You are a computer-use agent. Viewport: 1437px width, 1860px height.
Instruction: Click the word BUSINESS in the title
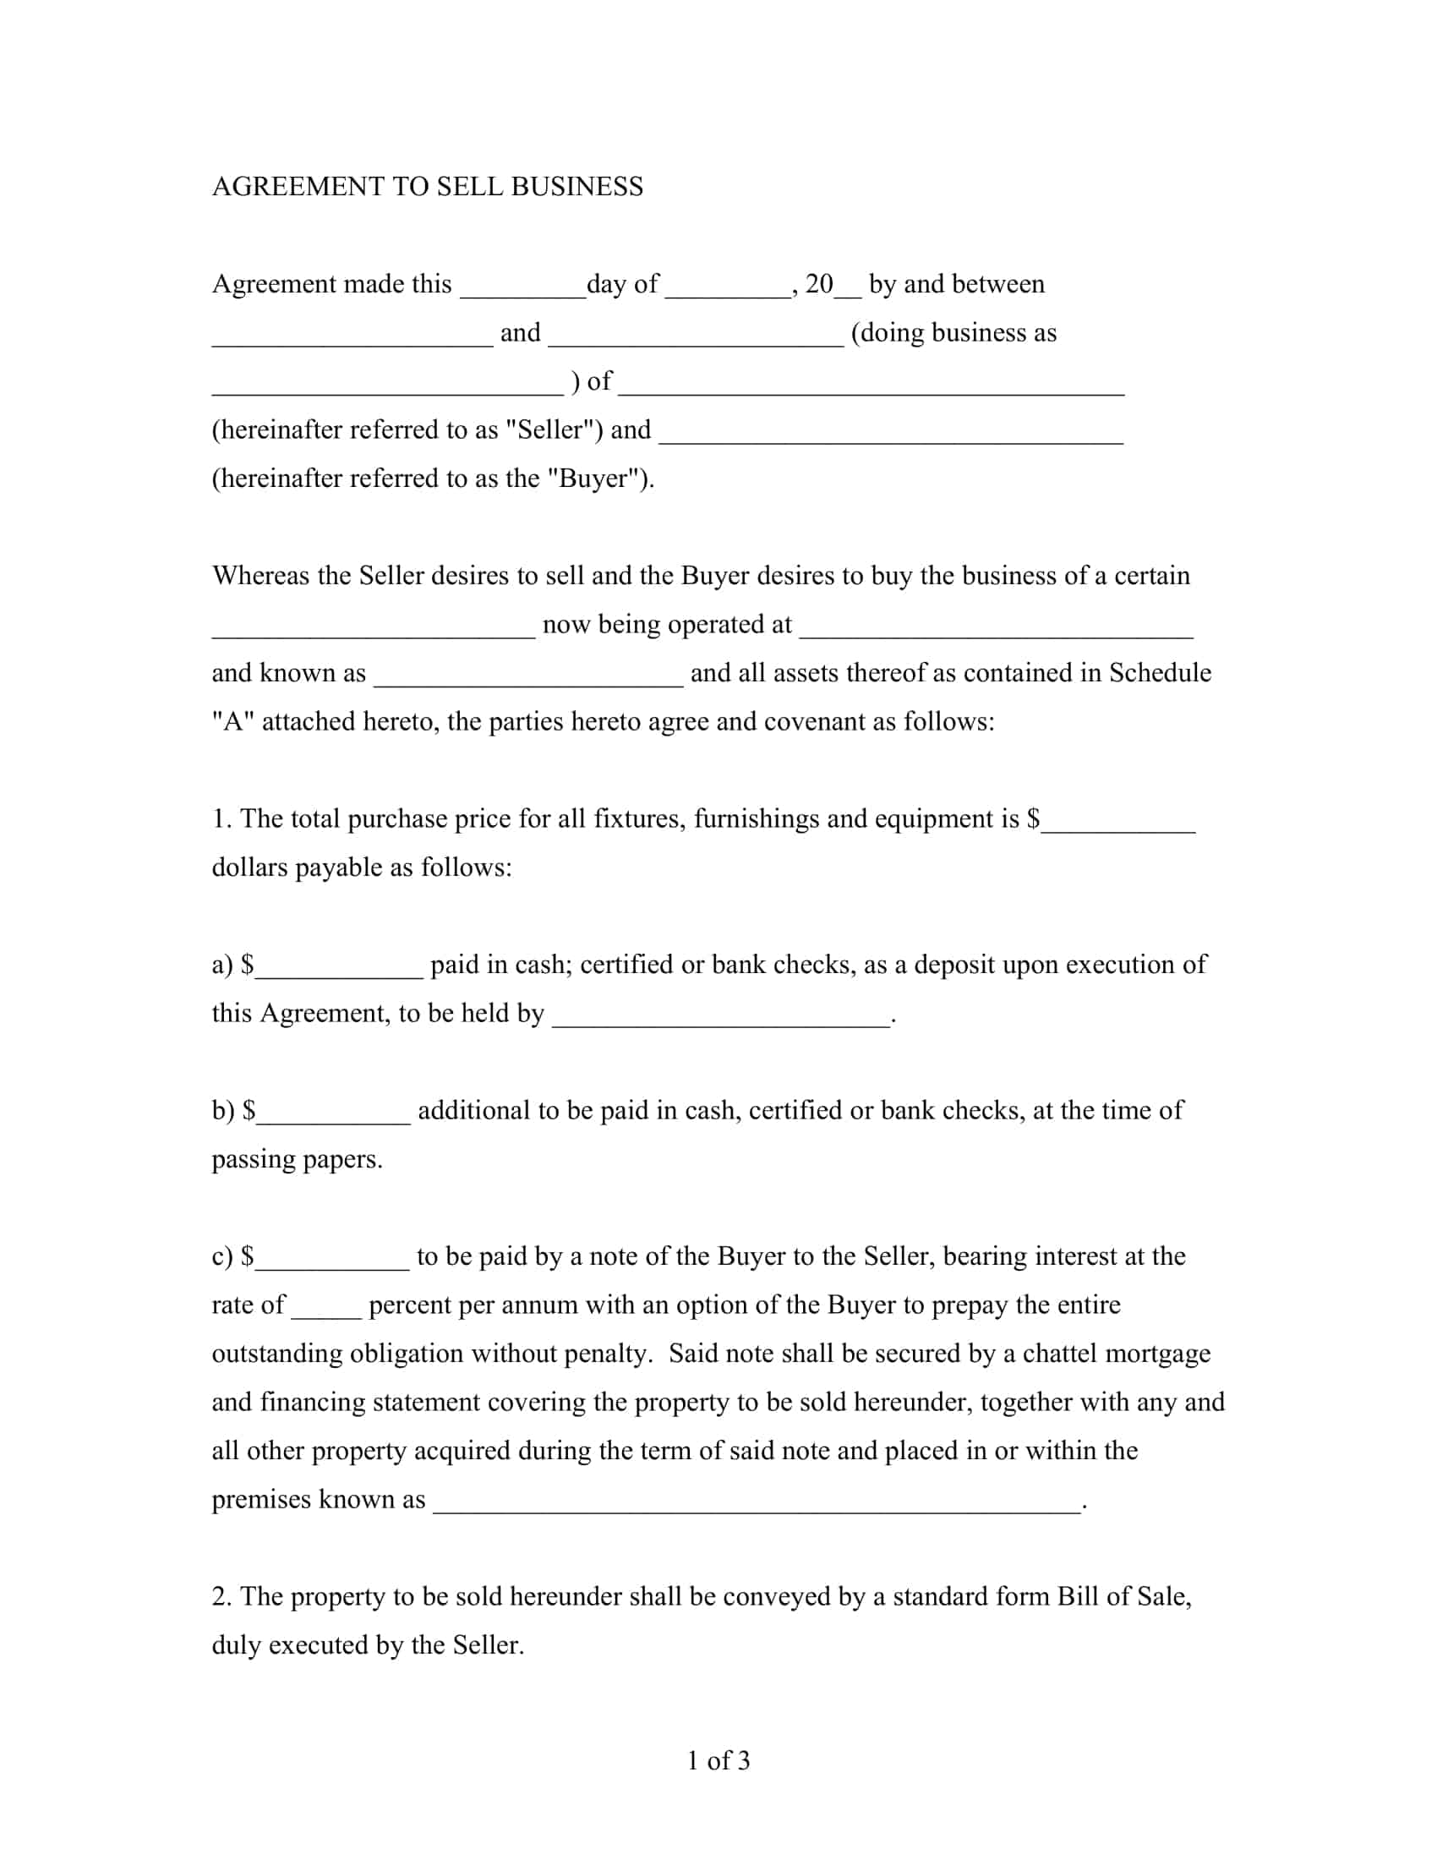pos(576,187)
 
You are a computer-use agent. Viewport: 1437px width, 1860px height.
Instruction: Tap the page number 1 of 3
pos(718,1760)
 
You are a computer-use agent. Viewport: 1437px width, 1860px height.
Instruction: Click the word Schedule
pos(1160,673)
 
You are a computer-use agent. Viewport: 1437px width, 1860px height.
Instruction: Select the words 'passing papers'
pos(296,1160)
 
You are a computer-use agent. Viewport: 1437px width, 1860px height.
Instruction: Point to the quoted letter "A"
pos(232,721)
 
